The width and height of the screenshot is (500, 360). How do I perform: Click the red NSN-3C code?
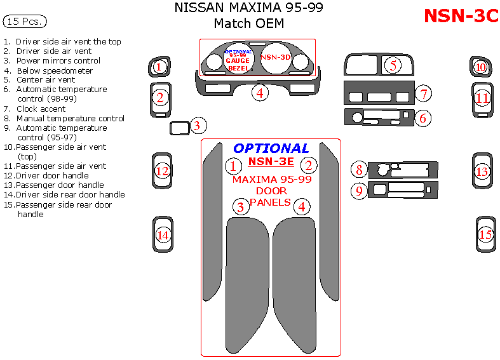pyautogui.click(x=461, y=16)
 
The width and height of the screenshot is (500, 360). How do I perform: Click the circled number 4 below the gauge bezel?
pyautogui.click(x=259, y=93)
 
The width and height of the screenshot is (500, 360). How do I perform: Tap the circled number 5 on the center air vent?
pyautogui.click(x=393, y=65)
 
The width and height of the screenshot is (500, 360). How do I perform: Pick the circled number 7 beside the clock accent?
pyautogui.click(x=424, y=94)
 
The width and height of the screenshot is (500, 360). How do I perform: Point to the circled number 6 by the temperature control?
pyautogui.click(x=424, y=117)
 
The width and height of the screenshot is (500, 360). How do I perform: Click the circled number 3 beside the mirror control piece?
pyautogui.click(x=198, y=126)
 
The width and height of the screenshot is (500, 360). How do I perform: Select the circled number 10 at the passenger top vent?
pyautogui.click(x=481, y=67)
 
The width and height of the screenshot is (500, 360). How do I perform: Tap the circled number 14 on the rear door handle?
pyautogui.click(x=163, y=235)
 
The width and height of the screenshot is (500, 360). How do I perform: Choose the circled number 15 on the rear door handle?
pyautogui.click(x=486, y=234)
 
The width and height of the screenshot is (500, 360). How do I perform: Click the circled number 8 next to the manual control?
pyautogui.click(x=359, y=170)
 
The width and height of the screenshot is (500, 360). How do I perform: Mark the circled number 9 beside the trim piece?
pyautogui.click(x=359, y=190)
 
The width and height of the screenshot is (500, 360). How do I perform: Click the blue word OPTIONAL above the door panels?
pyautogui.click(x=271, y=149)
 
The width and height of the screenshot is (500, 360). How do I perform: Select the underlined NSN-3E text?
pyautogui.click(x=271, y=161)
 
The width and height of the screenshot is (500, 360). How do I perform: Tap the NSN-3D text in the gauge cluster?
pyautogui.click(x=276, y=57)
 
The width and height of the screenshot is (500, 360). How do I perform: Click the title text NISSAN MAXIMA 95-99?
pyautogui.click(x=248, y=8)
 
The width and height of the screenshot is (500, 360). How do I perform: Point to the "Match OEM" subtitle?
pyautogui.click(x=248, y=24)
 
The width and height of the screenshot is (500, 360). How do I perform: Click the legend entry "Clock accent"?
pyautogui.click(x=41, y=109)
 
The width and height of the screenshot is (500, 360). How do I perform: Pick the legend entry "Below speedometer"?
pyautogui.click(x=54, y=70)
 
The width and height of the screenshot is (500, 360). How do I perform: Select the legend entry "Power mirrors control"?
pyautogui.click(x=58, y=61)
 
